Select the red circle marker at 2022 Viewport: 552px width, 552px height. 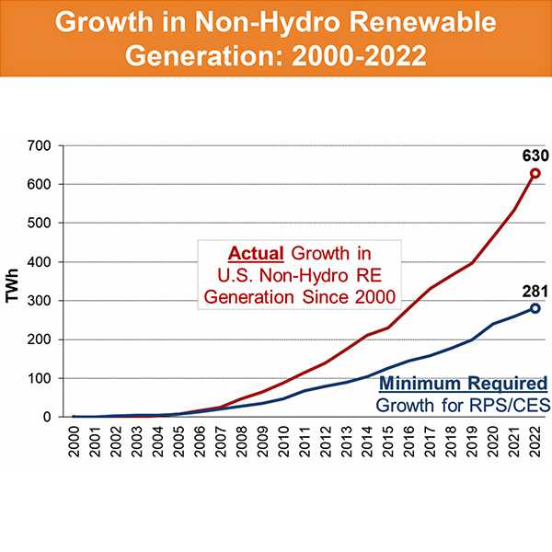535,173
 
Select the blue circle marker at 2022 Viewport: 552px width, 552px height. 535,308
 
